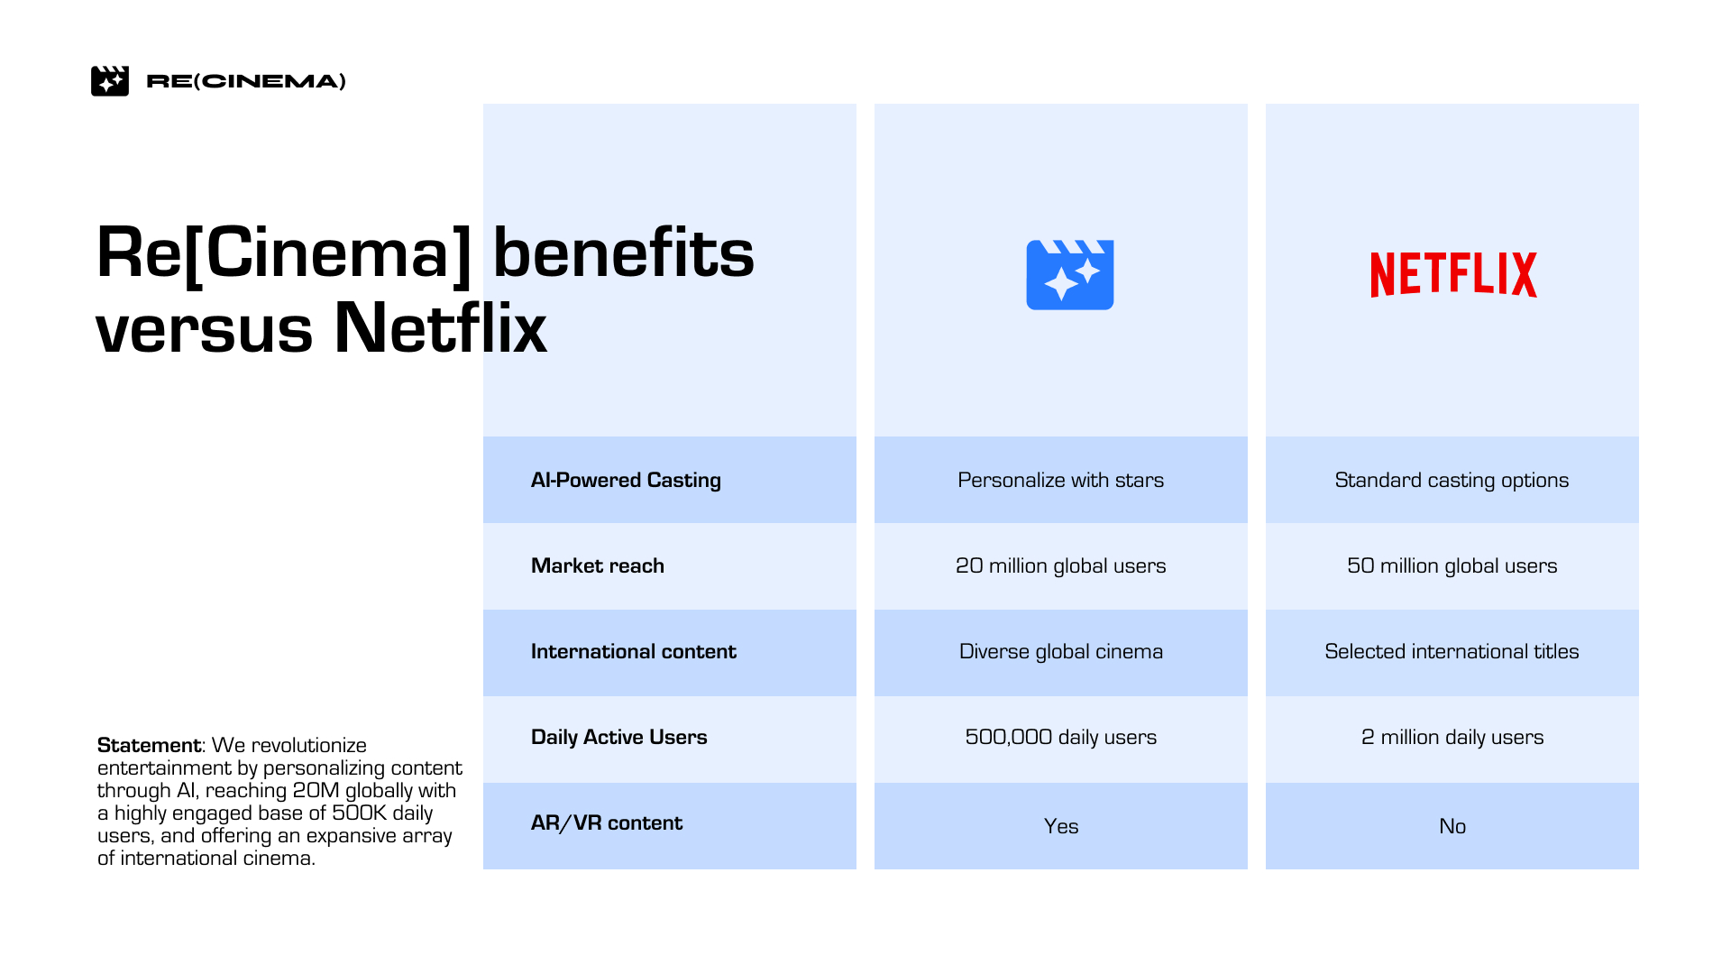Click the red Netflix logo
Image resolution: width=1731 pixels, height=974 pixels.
tap(1453, 275)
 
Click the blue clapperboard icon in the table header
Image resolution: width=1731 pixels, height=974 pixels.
tap(1070, 275)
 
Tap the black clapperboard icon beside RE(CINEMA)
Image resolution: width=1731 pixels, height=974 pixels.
tap(110, 81)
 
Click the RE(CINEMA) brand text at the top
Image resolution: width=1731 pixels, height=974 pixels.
tap(246, 81)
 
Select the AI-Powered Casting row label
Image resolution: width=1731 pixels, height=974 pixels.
tap(626, 480)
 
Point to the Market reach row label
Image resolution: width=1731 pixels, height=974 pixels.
tap(598, 565)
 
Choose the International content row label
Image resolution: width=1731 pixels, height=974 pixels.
tap(634, 651)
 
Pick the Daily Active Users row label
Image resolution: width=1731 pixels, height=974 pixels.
tap(619, 737)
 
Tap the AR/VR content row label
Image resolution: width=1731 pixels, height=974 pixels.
tap(607, 822)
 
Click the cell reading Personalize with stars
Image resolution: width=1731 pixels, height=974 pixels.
tap(1061, 480)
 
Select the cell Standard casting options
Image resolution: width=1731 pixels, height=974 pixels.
tap(1452, 480)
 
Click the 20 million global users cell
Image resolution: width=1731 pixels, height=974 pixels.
tap(1061, 565)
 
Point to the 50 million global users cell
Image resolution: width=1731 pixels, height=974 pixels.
tap(1452, 565)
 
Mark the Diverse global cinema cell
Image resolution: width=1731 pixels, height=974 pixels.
tap(1061, 651)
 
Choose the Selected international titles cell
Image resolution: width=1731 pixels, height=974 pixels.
tap(1452, 651)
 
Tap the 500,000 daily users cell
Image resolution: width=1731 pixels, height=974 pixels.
tap(1061, 737)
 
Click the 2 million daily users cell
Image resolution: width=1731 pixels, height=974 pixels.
tap(1452, 737)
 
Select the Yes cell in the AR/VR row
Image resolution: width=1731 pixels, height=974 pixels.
tap(1061, 826)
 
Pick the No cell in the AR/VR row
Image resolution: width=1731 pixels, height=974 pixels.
tap(1452, 826)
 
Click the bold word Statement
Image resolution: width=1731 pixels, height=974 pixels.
tap(149, 745)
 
